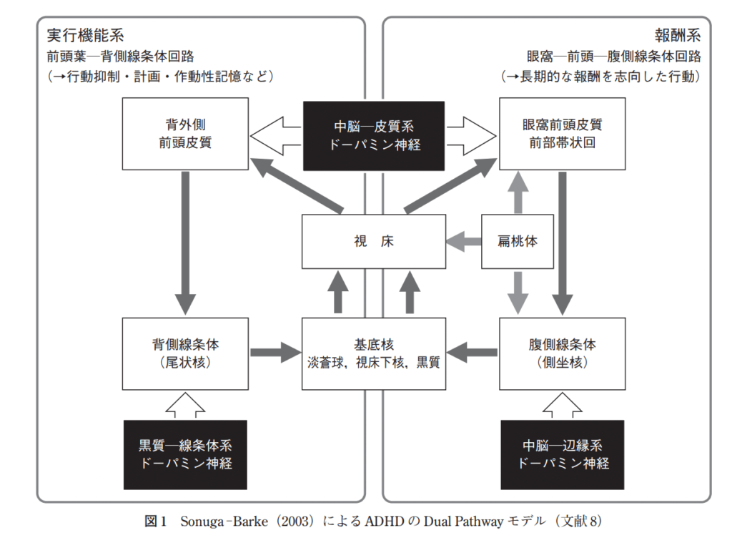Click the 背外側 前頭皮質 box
(x=185, y=134)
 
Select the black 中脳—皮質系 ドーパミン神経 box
(x=374, y=134)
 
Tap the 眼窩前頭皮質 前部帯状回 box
(x=563, y=134)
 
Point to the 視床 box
(x=374, y=242)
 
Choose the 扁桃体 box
(x=518, y=242)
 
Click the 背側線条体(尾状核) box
(x=185, y=353)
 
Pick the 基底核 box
(x=374, y=353)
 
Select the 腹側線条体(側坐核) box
(x=563, y=353)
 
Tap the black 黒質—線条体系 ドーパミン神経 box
(x=185, y=454)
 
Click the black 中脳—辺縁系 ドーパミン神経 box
(x=563, y=454)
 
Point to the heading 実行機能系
(x=86, y=35)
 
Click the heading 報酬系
(x=678, y=35)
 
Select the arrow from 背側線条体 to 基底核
(x=275, y=353)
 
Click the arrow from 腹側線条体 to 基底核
(x=473, y=352)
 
